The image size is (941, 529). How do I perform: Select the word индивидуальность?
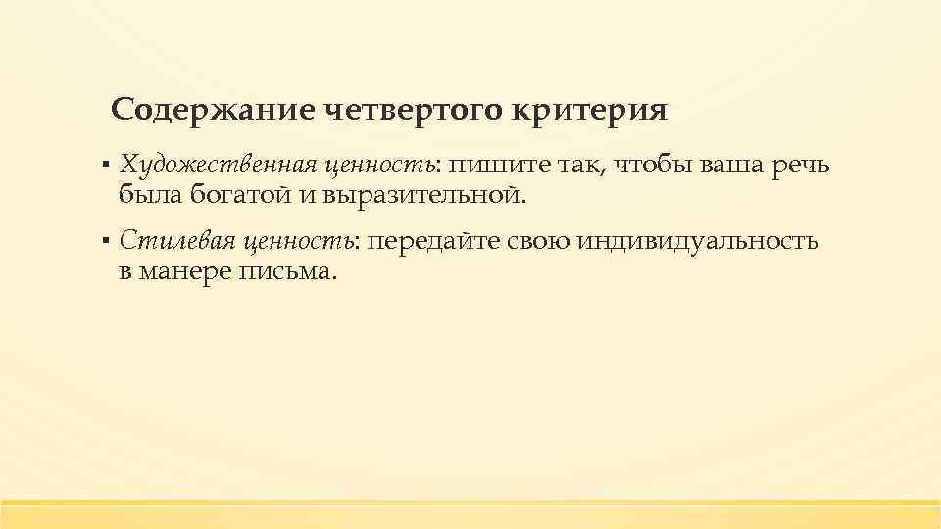pyautogui.click(x=699, y=241)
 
